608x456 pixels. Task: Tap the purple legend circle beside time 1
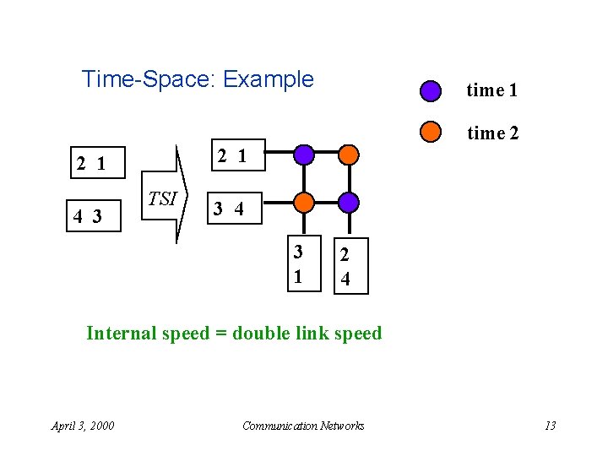click(x=431, y=90)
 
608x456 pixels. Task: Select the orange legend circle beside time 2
click(x=431, y=132)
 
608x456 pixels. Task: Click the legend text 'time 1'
click(x=491, y=90)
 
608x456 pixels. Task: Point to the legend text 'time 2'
click(x=492, y=133)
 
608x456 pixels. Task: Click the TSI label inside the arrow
click(x=162, y=199)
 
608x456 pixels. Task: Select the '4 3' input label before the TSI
click(x=87, y=216)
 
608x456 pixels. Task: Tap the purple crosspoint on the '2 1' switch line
click(x=304, y=155)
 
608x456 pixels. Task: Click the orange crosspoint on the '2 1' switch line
click(x=348, y=155)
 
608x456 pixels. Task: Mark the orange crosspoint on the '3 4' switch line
click(x=304, y=203)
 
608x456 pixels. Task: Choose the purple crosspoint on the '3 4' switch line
click(x=348, y=203)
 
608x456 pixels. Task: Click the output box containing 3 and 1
click(x=298, y=265)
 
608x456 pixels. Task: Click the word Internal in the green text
click(x=122, y=333)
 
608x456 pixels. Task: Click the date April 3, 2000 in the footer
click(x=83, y=426)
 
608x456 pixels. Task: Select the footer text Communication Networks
click(x=303, y=426)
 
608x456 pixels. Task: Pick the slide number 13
click(x=550, y=426)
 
